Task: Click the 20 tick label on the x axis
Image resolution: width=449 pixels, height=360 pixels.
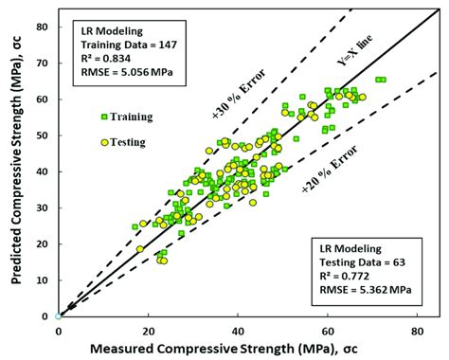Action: (148, 330)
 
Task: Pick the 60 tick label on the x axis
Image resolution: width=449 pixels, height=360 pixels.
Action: (328, 330)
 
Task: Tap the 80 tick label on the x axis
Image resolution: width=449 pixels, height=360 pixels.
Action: (418, 330)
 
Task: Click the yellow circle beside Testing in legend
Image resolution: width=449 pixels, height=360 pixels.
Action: (104, 142)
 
